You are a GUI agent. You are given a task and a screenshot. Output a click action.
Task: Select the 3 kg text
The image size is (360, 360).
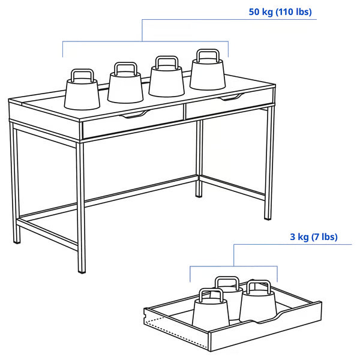[x=300, y=237]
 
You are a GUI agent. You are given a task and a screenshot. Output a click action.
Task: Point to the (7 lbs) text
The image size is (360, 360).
[x=325, y=237]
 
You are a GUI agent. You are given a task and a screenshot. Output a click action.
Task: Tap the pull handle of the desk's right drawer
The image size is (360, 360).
[x=232, y=96]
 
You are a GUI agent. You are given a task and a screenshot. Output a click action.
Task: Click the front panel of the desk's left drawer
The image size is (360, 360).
[x=132, y=122]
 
